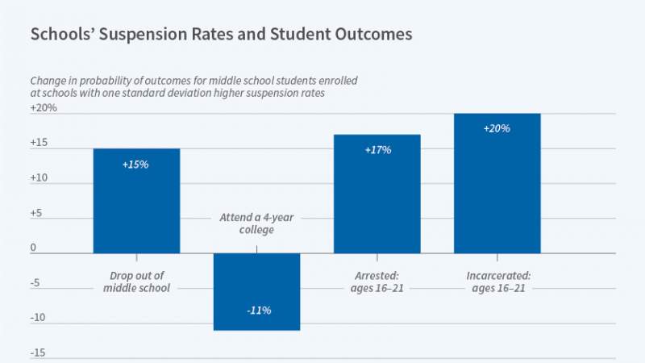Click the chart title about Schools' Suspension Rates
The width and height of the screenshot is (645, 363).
(221, 35)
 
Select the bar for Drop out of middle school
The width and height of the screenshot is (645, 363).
(136, 202)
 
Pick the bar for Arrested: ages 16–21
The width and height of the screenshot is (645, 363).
(377, 194)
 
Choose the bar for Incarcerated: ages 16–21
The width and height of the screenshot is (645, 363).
(497, 184)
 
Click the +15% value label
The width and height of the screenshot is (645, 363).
(136, 164)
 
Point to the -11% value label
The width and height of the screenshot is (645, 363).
(256, 311)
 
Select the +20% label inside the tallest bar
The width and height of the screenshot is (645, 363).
(497, 128)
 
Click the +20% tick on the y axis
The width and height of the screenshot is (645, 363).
(44, 107)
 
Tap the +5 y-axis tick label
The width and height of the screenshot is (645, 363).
(38, 213)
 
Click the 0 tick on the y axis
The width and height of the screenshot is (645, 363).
(34, 248)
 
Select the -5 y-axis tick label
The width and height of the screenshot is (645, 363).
(36, 283)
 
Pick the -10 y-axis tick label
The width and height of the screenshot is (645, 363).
(39, 318)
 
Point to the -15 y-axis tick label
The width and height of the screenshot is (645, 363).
(39, 353)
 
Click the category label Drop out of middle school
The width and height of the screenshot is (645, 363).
(136, 281)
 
